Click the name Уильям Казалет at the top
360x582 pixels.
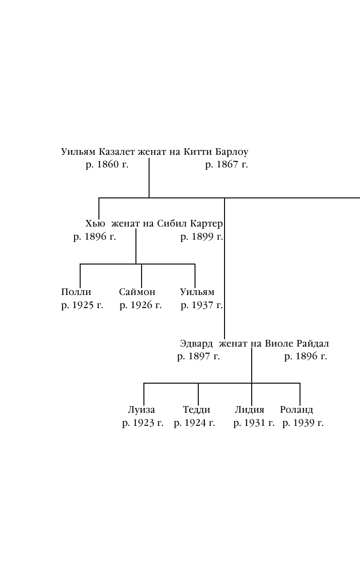coord(98,152)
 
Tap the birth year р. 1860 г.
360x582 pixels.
coord(107,165)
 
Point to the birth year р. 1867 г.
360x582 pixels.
coord(226,165)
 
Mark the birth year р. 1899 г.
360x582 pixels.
coord(202,237)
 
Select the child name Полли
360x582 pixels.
coord(76,292)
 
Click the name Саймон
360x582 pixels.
coord(137,292)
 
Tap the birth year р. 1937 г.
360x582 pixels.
coord(202,305)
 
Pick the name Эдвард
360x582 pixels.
coord(196,344)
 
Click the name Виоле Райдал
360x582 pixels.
coord(297,344)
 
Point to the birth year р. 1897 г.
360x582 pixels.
coord(198,356)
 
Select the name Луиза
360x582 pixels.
coord(141,410)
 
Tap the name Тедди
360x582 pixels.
coord(196,410)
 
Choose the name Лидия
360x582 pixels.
coord(249,410)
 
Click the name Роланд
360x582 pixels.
coord(296,410)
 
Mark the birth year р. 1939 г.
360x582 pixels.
coord(303,423)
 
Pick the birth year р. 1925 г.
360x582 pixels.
coord(82,305)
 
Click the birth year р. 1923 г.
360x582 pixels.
coord(142,423)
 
